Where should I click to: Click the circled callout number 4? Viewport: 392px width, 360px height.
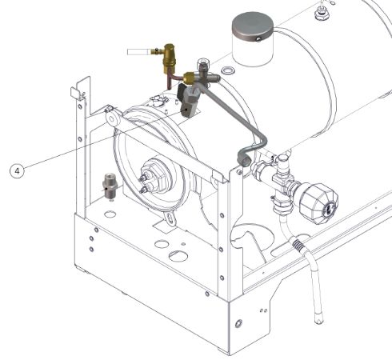pyautogui.click(x=17, y=170)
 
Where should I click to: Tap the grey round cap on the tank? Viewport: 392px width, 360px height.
pyautogui.click(x=253, y=26)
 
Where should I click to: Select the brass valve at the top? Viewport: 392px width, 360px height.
pyautogui.click(x=170, y=58)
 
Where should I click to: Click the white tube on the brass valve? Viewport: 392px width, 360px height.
pyautogui.click(x=139, y=52)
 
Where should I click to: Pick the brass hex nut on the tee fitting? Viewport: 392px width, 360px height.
pyautogui.click(x=189, y=78)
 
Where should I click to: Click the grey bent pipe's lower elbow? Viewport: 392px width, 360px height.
pyautogui.click(x=244, y=158)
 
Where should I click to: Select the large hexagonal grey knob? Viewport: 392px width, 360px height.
pyautogui.click(x=318, y=202)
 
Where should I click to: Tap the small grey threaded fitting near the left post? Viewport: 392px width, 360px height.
pyautogui.click(x=110, y=186)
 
